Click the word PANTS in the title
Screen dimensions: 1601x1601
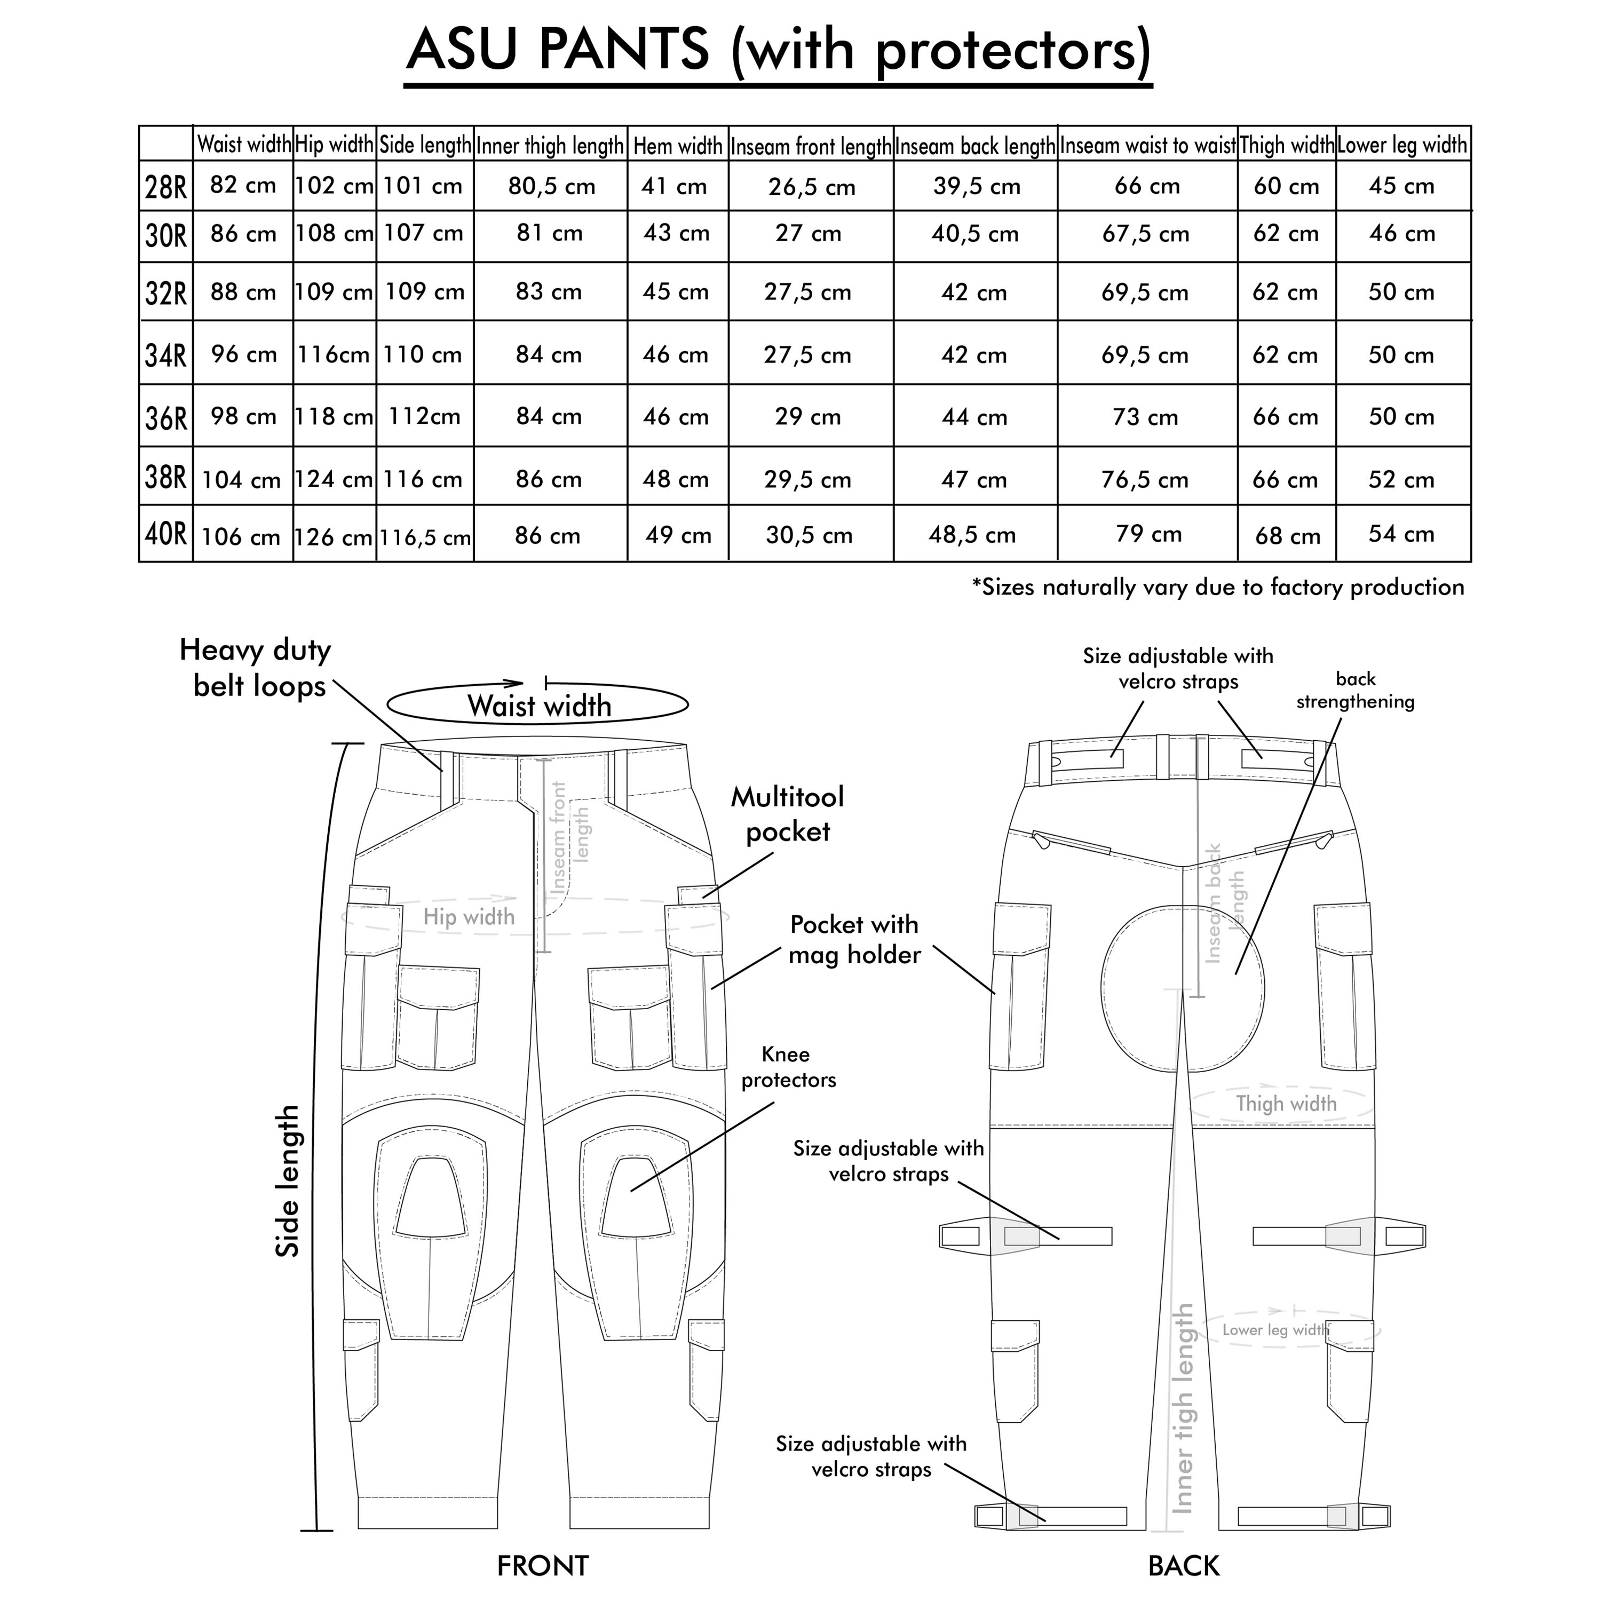click(x=623, y=50)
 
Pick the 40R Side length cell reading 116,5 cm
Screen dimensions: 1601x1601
click(x=425, y=537)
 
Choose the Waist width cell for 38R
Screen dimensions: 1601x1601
click(x=241, y=480)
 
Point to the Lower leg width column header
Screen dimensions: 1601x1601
click(x=1401, y=146)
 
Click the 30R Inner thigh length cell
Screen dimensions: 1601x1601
click(x=550, y=234)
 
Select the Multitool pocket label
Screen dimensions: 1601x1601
click(x=787, y=814)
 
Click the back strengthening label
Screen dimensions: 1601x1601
click(x=1355, y=690)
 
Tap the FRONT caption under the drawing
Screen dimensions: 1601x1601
click(x=543, y=1565)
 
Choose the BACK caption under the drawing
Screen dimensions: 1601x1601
click(x=1183, y=1565)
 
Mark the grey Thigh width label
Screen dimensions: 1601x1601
click(x=1286, y=1104)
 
